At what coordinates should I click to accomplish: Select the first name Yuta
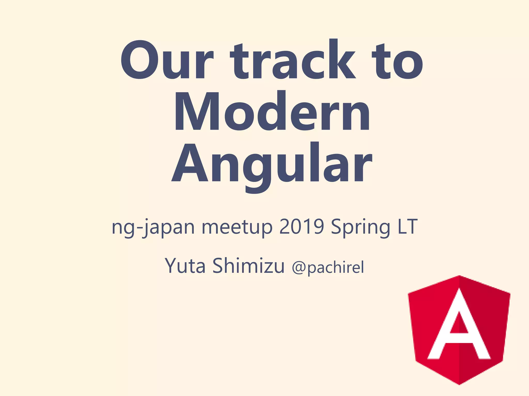[185, 266]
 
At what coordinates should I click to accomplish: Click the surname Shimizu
[248, 266]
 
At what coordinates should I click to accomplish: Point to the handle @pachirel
[328, 267]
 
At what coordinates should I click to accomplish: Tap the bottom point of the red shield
[459, 384]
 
